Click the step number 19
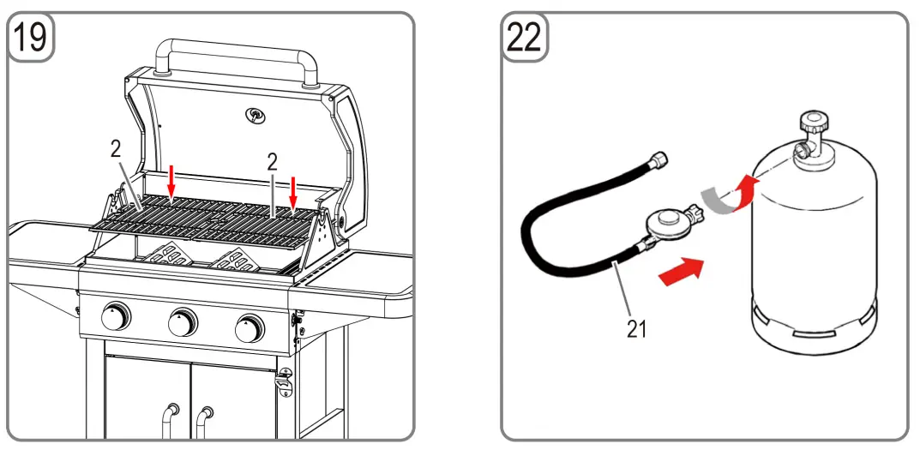tap(31, 38)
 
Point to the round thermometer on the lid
tap(255, 115)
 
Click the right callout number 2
tap(273, 162)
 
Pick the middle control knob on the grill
tap(182, 321)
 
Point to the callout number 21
tap(636, 329)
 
